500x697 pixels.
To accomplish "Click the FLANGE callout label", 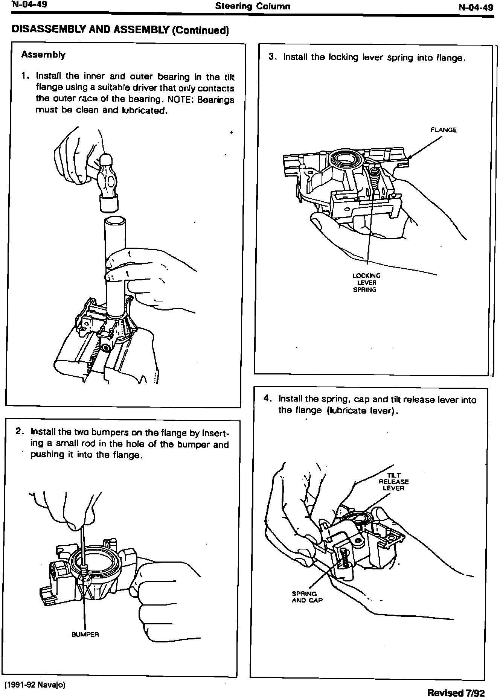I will coord(444,130).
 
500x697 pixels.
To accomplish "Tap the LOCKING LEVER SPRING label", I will coord(366,282).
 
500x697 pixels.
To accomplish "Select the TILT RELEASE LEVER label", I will coord(393,482).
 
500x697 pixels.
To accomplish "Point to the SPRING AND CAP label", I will coord(307,597).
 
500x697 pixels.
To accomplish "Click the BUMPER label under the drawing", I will coord(85,635).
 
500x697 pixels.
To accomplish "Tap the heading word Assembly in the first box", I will coord(43,55).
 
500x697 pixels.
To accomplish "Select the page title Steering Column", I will coord(253,6).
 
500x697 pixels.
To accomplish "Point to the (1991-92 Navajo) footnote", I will coord(35,685).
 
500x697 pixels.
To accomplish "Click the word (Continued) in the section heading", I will coord(200,30).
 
